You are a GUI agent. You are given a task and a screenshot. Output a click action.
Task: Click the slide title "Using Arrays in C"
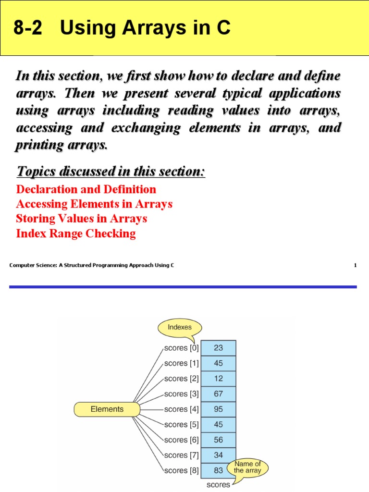[x=145, y=29]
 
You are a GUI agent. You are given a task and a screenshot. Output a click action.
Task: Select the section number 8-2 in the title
[x=27, y=29]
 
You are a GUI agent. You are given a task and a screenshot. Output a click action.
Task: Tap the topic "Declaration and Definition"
[x=86, y=189]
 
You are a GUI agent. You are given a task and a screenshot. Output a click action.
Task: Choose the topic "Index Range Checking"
[x=76, y=234]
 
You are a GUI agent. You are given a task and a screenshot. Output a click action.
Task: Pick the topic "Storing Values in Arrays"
[x=81, y=219]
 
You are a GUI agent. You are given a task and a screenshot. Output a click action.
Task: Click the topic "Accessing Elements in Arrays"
[x=94, y=204]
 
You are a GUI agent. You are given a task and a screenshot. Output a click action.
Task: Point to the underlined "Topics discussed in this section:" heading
[x=111, y=171]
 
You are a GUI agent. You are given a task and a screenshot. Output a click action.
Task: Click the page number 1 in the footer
[x=355, y=265]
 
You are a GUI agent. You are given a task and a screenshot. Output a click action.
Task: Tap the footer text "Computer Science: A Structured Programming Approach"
[x=91, y=265]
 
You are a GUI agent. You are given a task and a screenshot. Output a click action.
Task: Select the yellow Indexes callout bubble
[x=179, y=328]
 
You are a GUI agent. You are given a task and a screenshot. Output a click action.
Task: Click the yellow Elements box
[x=107, y=409]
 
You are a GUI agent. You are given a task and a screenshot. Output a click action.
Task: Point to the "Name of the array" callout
[x=247, y=467]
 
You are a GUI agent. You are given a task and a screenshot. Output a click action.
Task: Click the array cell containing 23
[x=219, y=348]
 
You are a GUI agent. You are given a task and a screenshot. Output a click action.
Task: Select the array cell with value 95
[x=219, y=409]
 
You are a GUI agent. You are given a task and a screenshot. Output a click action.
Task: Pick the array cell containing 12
[x=219, y=379]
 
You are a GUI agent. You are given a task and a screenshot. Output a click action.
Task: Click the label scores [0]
[x=181, y=348]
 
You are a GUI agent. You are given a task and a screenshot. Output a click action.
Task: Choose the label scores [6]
[x=181, y=440]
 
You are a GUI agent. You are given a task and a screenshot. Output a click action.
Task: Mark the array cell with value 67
[x=219, y=394]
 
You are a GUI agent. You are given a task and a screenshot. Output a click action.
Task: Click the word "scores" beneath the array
[x=218, y=485]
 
